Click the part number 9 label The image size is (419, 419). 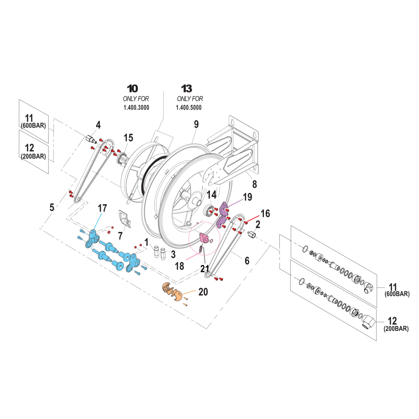click(x=196, y=124)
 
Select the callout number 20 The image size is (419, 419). click(x=203, y=292)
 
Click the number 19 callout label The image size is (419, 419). click(x=247, y=197)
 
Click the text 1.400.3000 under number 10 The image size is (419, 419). click(x=136, y=108)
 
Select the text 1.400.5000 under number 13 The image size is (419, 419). click(x=189, y=108)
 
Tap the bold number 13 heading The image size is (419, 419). click(x=187, y=89)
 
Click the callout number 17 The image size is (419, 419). click(x=102, y=208)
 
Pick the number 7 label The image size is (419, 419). click(x=120, y=235)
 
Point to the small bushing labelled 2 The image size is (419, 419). click(x=251, y=234)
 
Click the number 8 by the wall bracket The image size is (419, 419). click(x=254, y=184)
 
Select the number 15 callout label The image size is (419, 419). click(x=128, y=138)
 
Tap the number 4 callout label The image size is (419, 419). click(x=98, y=125)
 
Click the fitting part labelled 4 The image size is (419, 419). click(x=90, y=139)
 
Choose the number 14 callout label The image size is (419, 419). click(x=211, y=195)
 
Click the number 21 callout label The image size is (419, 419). click(x=205, y=269)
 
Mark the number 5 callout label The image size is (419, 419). click(x=52, y=207)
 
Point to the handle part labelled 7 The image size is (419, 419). click(x=125, y=219)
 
